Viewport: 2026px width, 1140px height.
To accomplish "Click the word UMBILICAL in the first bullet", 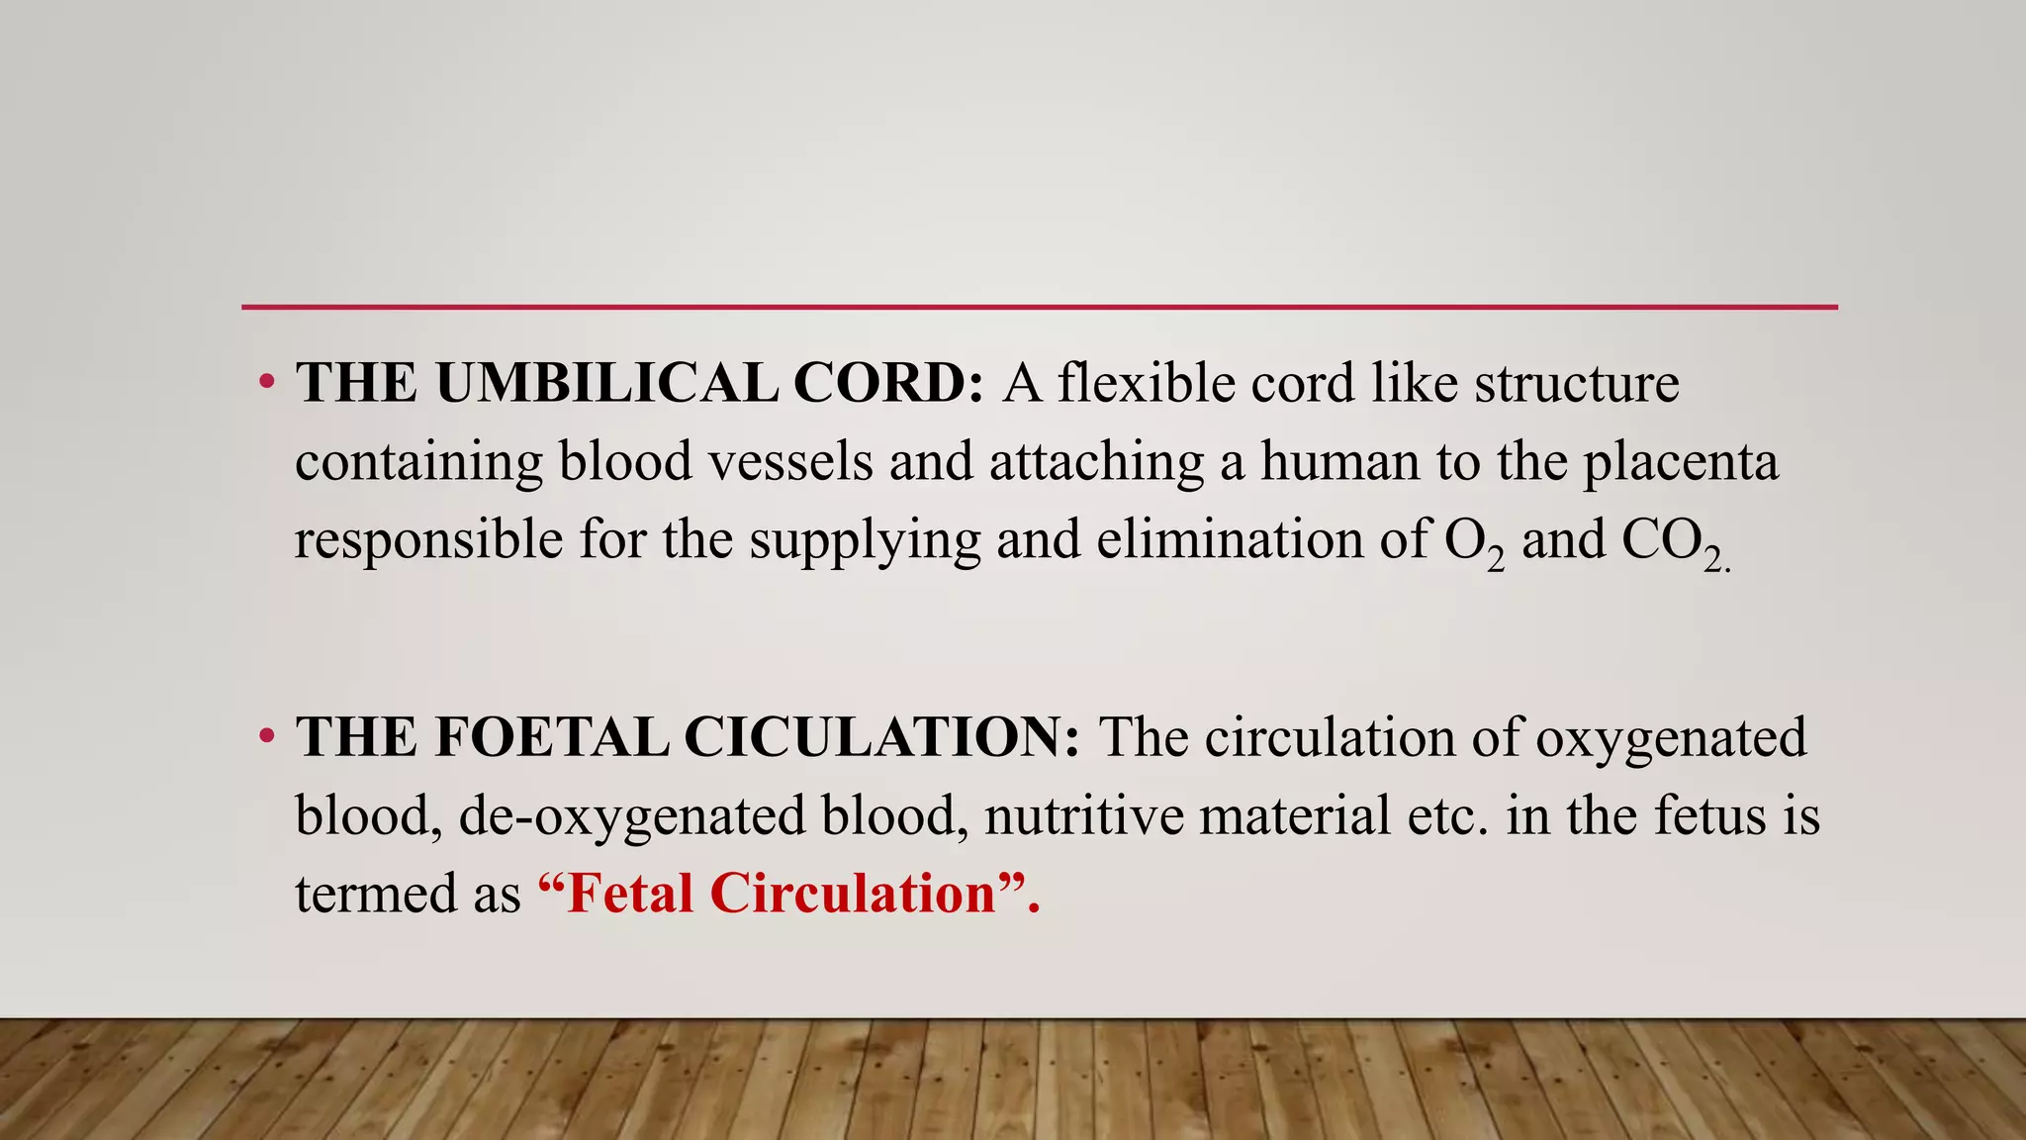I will (x=606, y=383).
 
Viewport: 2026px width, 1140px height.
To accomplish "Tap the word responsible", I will (x=428, y=540).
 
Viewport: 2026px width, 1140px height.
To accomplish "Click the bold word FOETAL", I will (x=551, y=737).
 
